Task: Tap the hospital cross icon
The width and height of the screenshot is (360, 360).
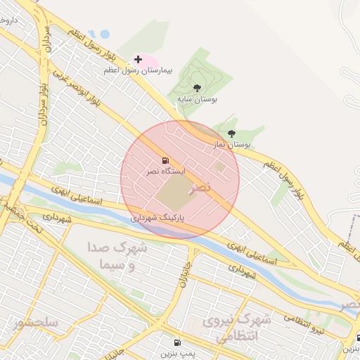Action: coord(138,60)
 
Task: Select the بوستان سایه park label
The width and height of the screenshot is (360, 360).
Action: coord(197,101)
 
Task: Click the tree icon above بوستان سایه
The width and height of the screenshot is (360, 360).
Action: coord(196,89)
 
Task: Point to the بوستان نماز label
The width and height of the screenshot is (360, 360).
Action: coord(232,144)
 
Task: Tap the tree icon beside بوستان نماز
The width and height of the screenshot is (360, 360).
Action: coord(231,133)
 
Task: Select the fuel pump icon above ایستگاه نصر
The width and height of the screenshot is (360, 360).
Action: coord(165,161)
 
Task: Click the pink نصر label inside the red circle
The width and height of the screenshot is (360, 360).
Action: coord(200,187)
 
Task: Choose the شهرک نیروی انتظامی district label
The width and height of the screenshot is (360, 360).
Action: coord(237,328)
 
